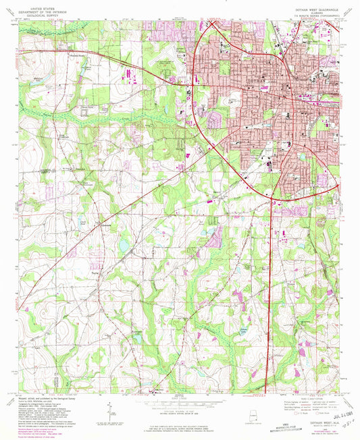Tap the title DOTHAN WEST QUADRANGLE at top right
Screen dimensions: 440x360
coord(309,9)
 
